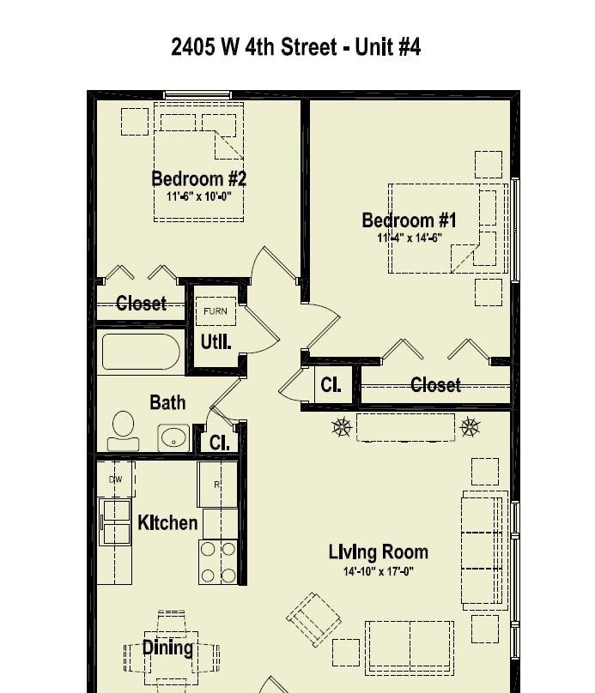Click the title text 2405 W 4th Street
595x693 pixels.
pos(254,46)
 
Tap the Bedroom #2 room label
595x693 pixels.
pos(198,178)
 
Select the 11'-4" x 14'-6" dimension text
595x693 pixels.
pos(410,238)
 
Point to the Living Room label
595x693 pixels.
pos(379,552)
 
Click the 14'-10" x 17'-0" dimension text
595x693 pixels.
pos(379,571)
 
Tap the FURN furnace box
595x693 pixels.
pos(216,311)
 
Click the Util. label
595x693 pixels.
pos(216,342)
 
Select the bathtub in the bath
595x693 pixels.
pos(141,352)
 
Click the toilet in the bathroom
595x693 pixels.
pos(124,431)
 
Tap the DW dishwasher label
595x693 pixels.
pos(115,479)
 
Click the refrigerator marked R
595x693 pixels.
pos(217,485)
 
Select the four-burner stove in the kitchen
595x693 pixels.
pos(218,562)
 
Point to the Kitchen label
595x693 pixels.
pos(167,523)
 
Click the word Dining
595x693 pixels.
pos(167,648)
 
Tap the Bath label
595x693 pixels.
pos(167,402)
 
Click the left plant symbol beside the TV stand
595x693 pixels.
pos(342,427)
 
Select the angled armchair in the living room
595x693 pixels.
pos(313,619)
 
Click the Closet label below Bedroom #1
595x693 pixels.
pos(436,385)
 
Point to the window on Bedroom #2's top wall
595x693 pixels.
pos(197,95)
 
